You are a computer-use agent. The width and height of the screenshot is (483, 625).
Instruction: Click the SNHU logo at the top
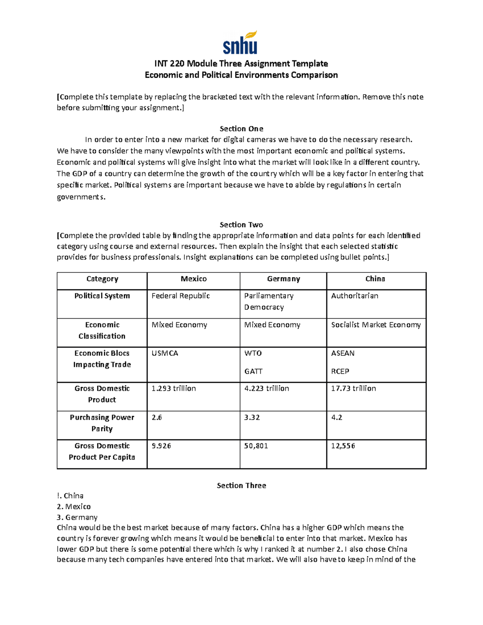(x=240, y=43)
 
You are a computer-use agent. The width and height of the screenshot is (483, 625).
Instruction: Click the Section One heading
(x=241, y=129)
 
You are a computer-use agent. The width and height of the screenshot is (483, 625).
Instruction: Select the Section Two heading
(x=241, y=225)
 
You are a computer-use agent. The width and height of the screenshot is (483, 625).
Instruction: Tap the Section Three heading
(x=241, y=485)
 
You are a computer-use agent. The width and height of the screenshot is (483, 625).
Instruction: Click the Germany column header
(x=283, y=279)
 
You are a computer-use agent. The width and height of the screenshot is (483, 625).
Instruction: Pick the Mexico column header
(x=194, y=279)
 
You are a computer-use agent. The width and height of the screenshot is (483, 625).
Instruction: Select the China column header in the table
(x=375, y=279)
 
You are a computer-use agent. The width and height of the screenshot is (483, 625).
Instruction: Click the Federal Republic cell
(x=181, y=296)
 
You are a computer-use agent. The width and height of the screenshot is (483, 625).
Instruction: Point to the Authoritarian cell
(x=355, y=296)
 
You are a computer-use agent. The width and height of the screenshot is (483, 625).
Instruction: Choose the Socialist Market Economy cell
(x=376, y=325)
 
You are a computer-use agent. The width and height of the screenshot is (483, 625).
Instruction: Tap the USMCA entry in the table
(x=165, y=353)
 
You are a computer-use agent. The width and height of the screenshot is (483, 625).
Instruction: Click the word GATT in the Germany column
(x=253, y=371)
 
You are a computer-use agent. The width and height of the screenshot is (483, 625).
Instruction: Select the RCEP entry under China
(x=340, y=371)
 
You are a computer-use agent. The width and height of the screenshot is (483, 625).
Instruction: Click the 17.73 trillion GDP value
(x=353, y=388)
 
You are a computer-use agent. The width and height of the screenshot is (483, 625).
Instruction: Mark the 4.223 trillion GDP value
(x=266, y=388)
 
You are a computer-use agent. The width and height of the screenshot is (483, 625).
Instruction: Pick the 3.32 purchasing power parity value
(x=252, y=417)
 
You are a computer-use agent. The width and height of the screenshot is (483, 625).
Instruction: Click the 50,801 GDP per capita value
(x=256, y=446)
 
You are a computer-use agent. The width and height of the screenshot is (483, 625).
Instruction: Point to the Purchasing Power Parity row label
(x=102, y=423)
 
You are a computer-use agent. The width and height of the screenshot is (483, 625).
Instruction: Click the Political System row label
(x=102, y=296)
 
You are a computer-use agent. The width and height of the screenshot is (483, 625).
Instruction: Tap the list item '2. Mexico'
(x=74, y=506)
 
